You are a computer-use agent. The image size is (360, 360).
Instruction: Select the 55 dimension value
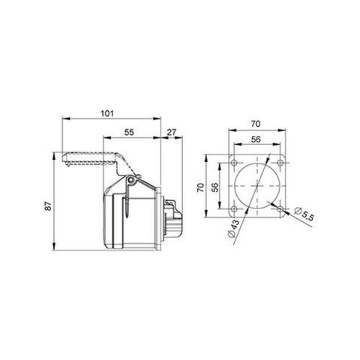(x=128, y=132)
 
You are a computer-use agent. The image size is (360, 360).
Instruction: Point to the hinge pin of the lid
(x=132, y=180)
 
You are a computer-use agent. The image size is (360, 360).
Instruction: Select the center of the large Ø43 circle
(x=259, y=186)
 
